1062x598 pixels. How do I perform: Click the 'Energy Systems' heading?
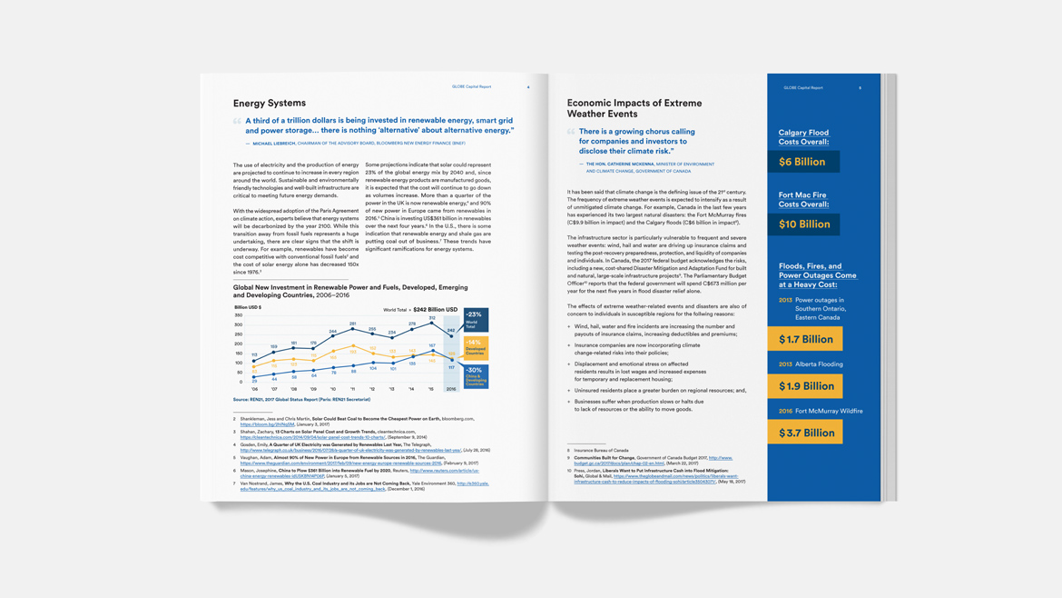269,104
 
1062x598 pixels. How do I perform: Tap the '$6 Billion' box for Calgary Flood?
802,162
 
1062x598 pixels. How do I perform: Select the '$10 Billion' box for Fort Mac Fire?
803,224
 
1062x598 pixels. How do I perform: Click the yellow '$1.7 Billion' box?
805,339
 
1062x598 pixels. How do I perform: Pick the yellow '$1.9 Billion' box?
805,386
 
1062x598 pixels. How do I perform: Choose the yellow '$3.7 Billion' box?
805,433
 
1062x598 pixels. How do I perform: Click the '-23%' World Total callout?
476,319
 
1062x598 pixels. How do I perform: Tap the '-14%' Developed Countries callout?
476,347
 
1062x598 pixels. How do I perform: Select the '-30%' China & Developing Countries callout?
476,376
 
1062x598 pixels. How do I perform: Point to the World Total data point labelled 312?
432,324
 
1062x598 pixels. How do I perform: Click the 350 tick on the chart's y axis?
239,315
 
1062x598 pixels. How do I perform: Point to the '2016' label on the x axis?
451,389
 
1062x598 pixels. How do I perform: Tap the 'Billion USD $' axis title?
248,307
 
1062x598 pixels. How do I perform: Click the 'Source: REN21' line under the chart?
301,400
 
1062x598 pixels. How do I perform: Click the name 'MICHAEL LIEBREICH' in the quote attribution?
273,144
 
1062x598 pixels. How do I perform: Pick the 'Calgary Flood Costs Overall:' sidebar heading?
803,137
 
